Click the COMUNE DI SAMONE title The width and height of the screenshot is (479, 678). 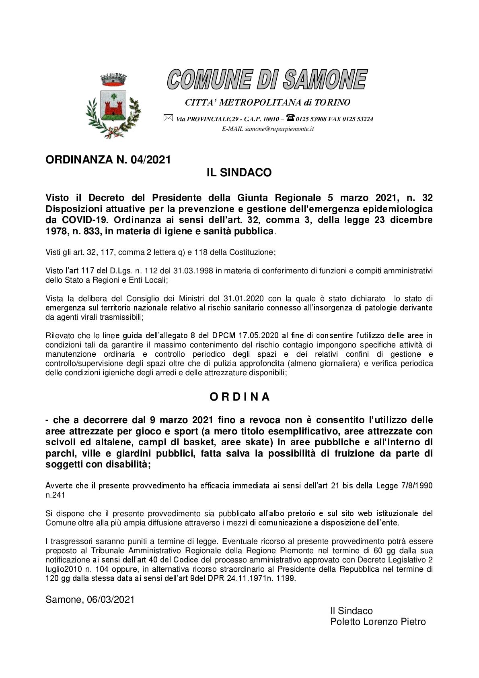pos(267,79)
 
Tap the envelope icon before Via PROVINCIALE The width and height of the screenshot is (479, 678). pos(168,118)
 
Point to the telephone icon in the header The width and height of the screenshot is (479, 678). pos(290,118)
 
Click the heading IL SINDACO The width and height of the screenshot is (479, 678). pos(239,173)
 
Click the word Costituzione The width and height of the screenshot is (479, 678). pos(251,252)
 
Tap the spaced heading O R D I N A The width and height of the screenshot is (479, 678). pos(239,397)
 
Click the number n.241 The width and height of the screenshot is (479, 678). pos(55,495)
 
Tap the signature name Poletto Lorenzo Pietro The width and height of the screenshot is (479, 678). pos(378,622)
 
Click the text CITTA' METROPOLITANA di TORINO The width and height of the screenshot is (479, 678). pos(267,103)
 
